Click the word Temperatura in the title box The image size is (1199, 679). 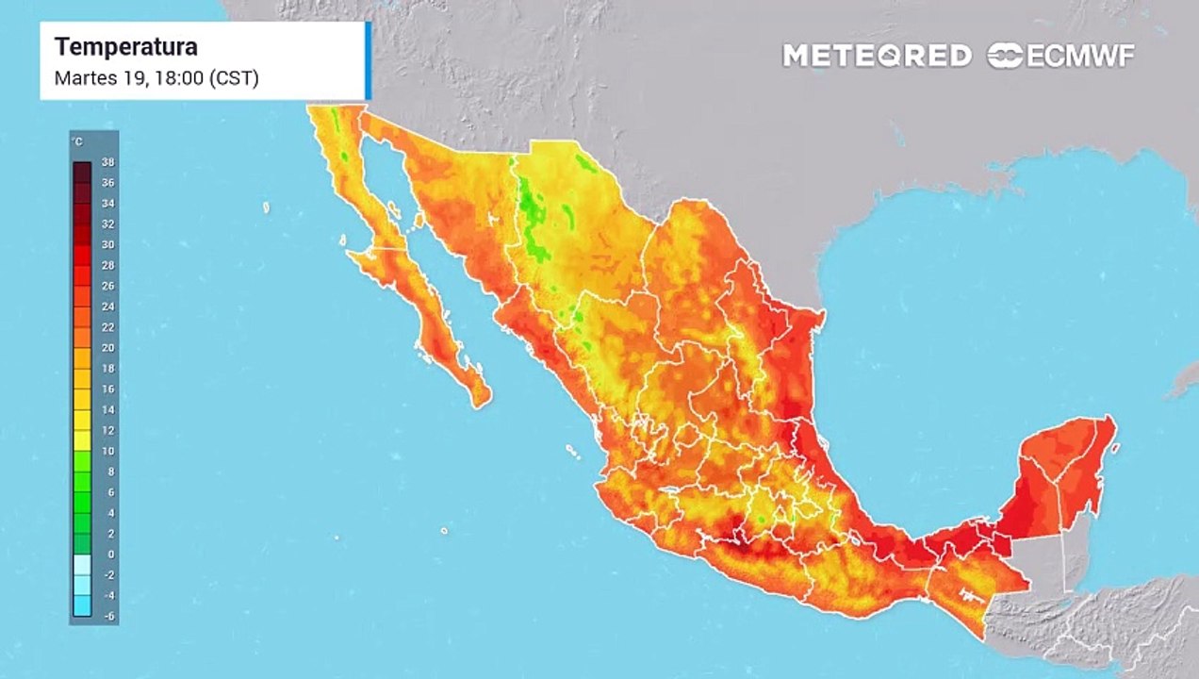(125, 46)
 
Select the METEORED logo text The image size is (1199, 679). (877, 56)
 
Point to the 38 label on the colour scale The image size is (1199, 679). (107, 162)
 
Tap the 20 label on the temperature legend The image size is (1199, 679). (107, 347)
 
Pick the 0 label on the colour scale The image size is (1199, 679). (110, 554)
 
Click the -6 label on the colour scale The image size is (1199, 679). (107, 615)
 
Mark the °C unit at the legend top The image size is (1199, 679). (77, 141)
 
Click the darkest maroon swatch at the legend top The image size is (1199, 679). (82, 172)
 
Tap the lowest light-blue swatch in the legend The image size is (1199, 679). (82, 605)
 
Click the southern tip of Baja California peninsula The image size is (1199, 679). (481, 402)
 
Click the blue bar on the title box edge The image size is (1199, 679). (368, 60)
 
